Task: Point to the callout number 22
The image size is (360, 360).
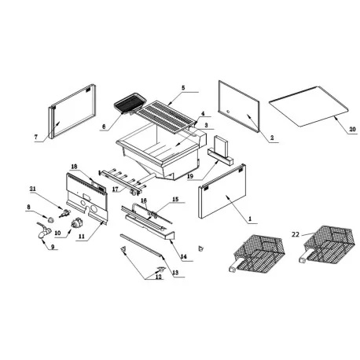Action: pyautogui.click(x=295, y=233)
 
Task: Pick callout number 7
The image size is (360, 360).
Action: pyautogui.click(x=35, y=138)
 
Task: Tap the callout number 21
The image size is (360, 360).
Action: pyautogui.click(x=33, y=189)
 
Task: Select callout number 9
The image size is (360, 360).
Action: pyautogui.click(x=53, y=248)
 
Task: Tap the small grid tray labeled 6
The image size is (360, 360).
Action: pyautogui.click(x=127, y=102)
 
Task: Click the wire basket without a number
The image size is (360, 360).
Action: pyautogui.click(x=255, y=252)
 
